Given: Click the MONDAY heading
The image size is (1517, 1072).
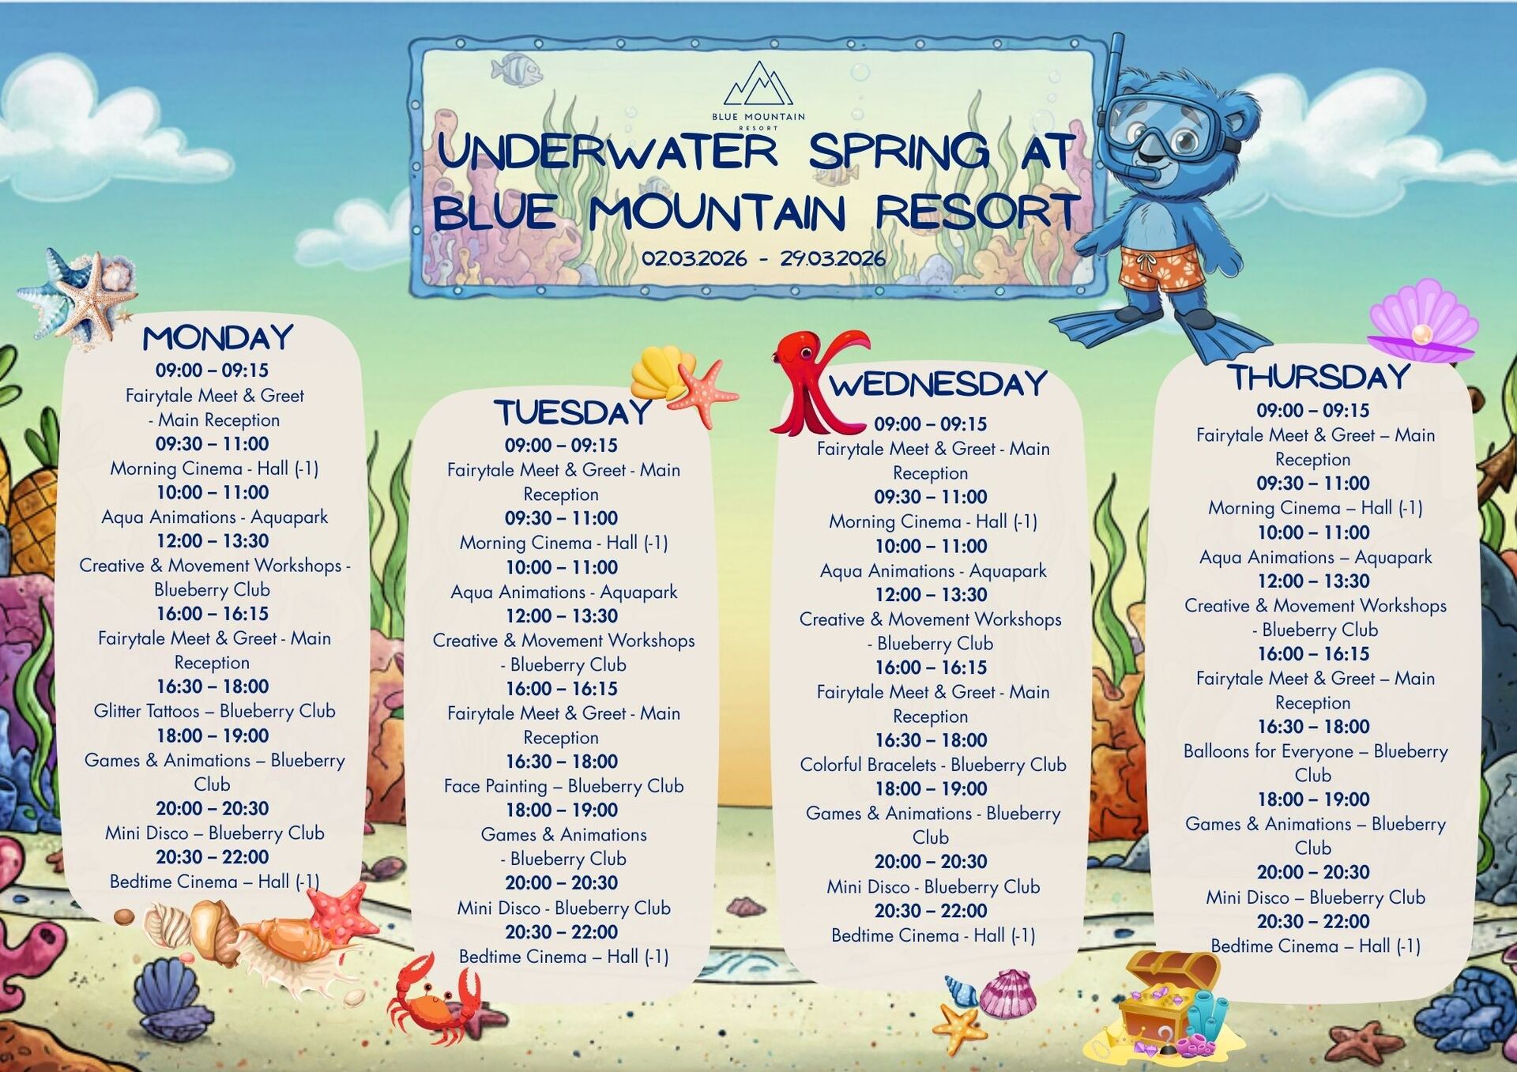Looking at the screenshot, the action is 217,338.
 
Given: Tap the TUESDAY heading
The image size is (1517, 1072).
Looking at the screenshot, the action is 572,412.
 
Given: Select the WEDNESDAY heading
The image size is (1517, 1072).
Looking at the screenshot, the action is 938,384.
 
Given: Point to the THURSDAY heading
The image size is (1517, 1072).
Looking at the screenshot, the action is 1318,377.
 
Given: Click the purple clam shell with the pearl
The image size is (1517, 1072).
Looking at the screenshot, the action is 1422,322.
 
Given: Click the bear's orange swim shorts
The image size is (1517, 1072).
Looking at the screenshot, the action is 1161,269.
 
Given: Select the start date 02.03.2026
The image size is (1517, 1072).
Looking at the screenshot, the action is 694,258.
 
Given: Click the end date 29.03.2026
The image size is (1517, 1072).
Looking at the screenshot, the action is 833,258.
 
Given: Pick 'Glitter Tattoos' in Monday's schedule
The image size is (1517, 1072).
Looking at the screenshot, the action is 146,711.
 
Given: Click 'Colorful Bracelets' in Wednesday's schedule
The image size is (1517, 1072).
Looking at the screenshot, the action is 868,765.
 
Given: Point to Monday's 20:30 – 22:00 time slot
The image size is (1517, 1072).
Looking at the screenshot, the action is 213,857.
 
